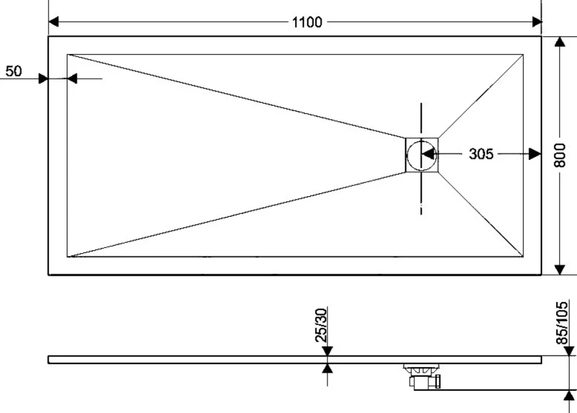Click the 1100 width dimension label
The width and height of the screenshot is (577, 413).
[x=308, y=22]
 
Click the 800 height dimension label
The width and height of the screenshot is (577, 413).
[x=560, y=155]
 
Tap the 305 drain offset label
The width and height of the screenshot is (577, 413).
[x=481, y=154]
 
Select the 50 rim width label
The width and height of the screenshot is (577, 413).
[x=14, y=71]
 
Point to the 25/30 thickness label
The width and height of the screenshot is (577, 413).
[x=321, y=325]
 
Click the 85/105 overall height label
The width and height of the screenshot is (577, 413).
[x=562, y=323]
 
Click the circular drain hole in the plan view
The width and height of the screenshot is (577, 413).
[x=421, y=155]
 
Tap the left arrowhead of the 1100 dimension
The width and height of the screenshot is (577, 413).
[x=54, y=22]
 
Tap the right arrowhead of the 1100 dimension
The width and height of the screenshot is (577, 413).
[x=537, y=22]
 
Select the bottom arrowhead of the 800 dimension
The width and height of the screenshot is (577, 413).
[x=560, y=270]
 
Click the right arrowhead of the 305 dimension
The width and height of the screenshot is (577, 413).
[x=535, y=154]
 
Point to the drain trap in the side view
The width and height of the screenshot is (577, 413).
[x=422, y=375]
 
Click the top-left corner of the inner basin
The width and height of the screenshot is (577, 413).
[x=67, y=55]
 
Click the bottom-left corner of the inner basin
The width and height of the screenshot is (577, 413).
[x=67, y=257]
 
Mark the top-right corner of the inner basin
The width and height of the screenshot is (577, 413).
[x=523, y=55]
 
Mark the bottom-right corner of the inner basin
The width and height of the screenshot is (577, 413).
[x=523, y=257]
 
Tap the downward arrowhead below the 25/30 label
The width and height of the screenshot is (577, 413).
[x=327, y=351]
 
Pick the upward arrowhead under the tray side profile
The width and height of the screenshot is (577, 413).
[x=327, y=368]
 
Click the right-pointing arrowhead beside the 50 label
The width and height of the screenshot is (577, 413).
[x=43, y=78]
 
